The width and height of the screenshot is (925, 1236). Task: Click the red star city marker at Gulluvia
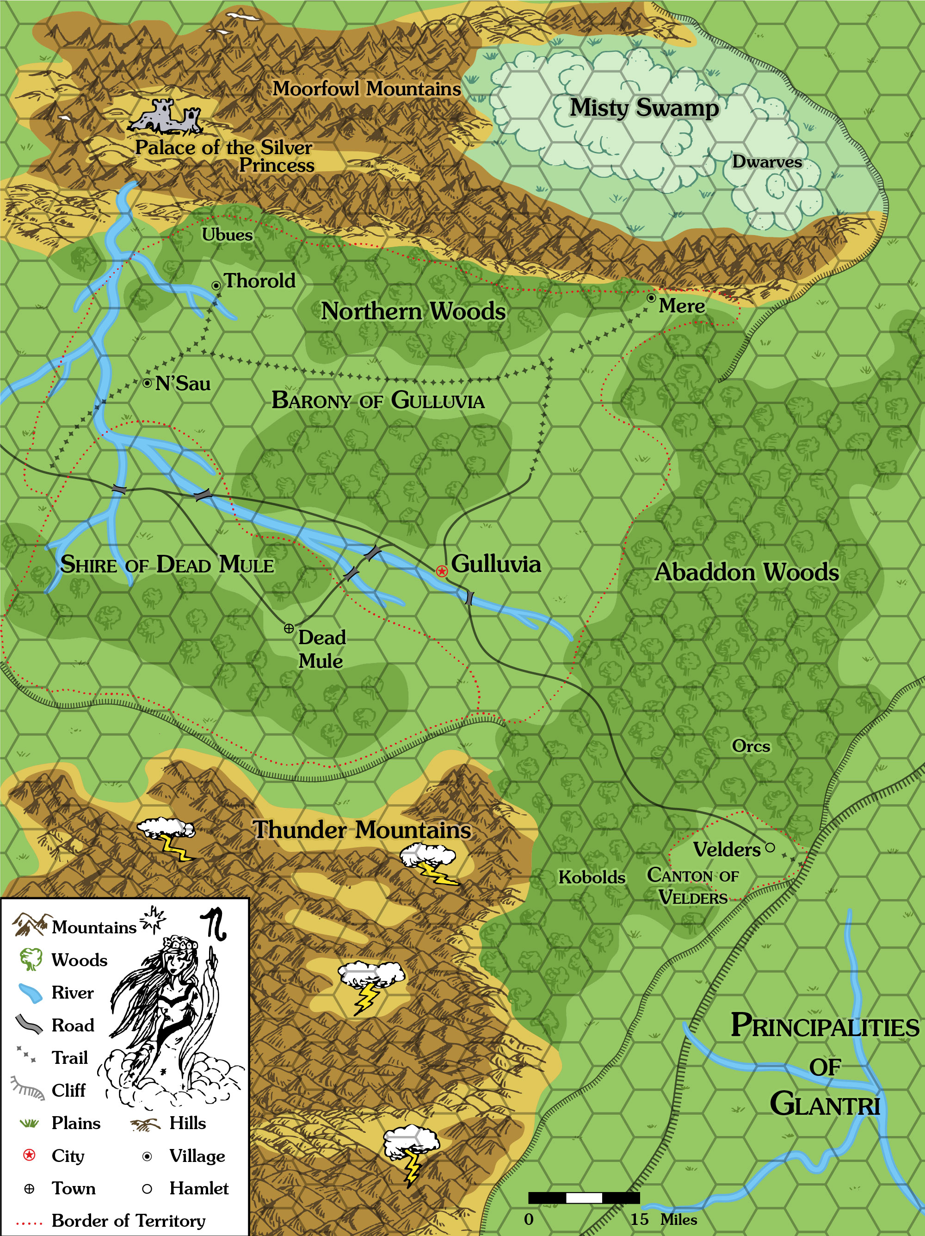click(x=442, y=571)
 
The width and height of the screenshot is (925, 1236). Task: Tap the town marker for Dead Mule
click(x=289, y=628)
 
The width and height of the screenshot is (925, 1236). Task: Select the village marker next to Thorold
click(x=216, y=286)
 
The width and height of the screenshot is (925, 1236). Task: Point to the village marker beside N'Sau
click(x=147, y=383)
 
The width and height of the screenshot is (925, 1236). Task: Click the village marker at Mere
click(x=651, y=298)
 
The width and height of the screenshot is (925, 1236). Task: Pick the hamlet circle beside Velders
click(x=770, y=847)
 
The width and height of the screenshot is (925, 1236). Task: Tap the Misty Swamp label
click(x=644, y=107)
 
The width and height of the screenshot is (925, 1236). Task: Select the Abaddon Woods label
click(x=746, y=571)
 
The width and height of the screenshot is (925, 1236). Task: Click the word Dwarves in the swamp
click(x=767, y=162)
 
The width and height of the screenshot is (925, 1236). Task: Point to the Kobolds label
click(x=592, y=877)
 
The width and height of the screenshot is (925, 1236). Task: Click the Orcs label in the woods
click(x=751, y=746)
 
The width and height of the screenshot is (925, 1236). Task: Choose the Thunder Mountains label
click(x=362, y=829)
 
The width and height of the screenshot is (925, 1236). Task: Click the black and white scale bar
click(x=584, y=1198)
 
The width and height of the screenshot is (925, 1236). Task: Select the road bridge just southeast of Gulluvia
click(x=469, y=598)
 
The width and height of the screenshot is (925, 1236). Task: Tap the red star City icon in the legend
click(x=29, y=1155)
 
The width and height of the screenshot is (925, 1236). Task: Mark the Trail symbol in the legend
click(x=27, y=1056)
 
